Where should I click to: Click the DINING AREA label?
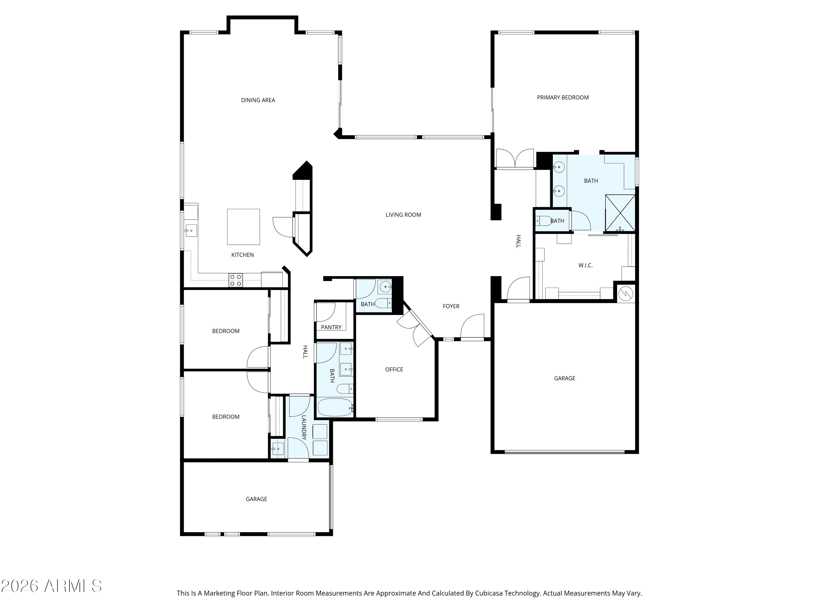point(258,100)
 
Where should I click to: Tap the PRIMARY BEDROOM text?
point(563,97)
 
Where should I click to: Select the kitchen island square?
point(243,227)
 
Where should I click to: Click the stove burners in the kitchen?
point(236,280)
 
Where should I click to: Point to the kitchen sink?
point(191,230)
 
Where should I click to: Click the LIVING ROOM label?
point(403,215)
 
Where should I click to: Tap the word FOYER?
point(451,306)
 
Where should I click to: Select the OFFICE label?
point(394,369)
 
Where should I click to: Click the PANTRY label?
point(331,327)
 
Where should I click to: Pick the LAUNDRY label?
point(304,427)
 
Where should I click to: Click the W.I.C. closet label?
point(585,265)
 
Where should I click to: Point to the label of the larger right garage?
point(565,378)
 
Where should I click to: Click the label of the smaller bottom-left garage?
point(256,499)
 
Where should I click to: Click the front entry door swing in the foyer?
point(473,326)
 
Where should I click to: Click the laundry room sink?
point(277,449)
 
